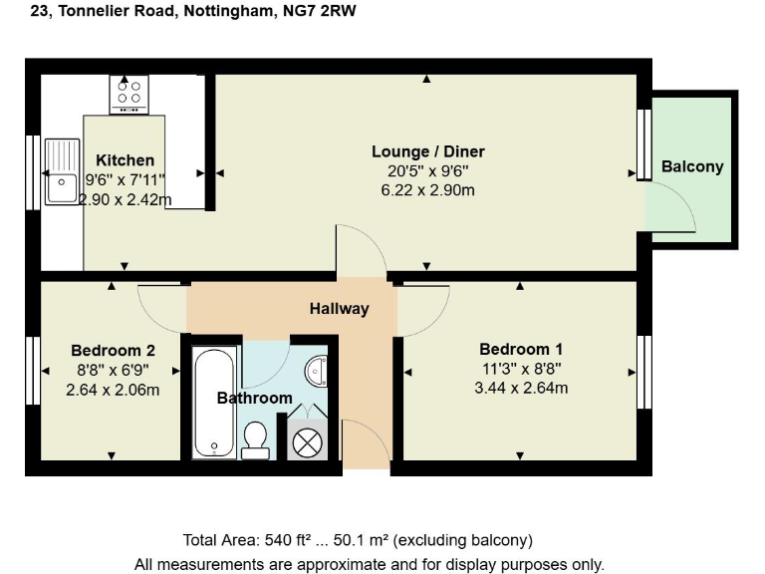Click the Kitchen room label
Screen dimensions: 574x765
pyautogui.click(x=125, y=159)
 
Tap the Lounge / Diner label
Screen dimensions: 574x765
pyautogui.click(x=427, y=151)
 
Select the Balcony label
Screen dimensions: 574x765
pyautogui.click(x=692, y=166)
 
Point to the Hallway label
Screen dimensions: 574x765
pyautogui.click(x=339, y=308)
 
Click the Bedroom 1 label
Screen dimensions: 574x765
pyautogui.click(x=521, y=349)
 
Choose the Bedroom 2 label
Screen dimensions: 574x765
pyautogui.click(x=113, y=350)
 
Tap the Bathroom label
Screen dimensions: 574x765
pyautogui.click(x=255, y=398)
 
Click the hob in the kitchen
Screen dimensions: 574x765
pyautogui.click(x=129, y=94)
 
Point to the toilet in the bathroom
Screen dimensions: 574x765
pyautogui.click(x=256, y=438)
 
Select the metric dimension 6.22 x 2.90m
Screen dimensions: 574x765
pyautogui.click(x=427, y=189)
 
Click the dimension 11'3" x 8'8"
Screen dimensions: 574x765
pyautogui.click(x=521, y=368)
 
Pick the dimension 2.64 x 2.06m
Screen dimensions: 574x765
pyautogui.click(x=113, y=388)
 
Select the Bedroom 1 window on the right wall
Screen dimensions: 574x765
pyautogui.click(x=644, y=371)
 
